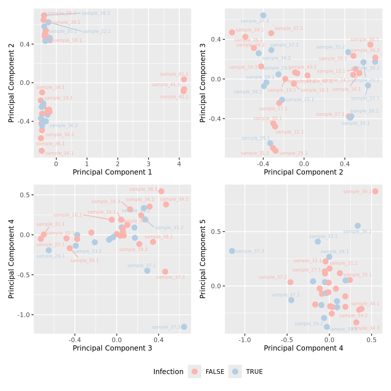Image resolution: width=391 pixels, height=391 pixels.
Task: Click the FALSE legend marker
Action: pyautogui.click(x=195, y=372)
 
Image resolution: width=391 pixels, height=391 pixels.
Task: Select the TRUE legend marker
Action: pyautogui.click(x=235, y=372)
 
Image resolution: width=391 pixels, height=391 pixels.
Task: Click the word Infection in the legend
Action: pyautogui.click(x=168, y=372)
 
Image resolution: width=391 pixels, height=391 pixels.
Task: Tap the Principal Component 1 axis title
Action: pyautogui.click(x=112, y=172)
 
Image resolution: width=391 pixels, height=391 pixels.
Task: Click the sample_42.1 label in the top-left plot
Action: pyautogui.click(x=174, y=74)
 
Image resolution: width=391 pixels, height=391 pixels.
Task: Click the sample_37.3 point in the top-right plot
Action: pyautogui.click(x=263, y=15)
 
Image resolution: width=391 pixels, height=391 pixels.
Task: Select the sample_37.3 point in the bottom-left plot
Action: pyautogui.click(x=184, y=327)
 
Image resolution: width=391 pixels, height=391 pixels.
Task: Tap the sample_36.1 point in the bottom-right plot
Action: pyautogui.click(x=375, y=191)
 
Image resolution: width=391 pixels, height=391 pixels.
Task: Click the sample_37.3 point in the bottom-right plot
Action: pyautogui.click(x=232, y=251)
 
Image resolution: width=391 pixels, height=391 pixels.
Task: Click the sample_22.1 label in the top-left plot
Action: pyautogui.click(x=97, y=31)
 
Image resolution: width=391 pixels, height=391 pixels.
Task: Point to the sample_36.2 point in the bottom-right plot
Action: pyautogui.click(x=358, y=226)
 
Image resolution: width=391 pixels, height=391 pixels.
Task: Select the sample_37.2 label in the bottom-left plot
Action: pyautogui.click(x=170, y=277)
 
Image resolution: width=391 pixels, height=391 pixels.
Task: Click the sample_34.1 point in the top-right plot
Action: pyautogui.click(x=232, y=32)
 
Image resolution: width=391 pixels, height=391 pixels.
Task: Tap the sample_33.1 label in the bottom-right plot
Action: pyautogui.click(x=323, y=237)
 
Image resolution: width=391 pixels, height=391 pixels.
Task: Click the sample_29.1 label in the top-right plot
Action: pyautogui.click(x=255, y=138)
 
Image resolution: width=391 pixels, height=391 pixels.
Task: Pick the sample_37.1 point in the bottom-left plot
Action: pyautogui.click(x=147, y=271)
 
